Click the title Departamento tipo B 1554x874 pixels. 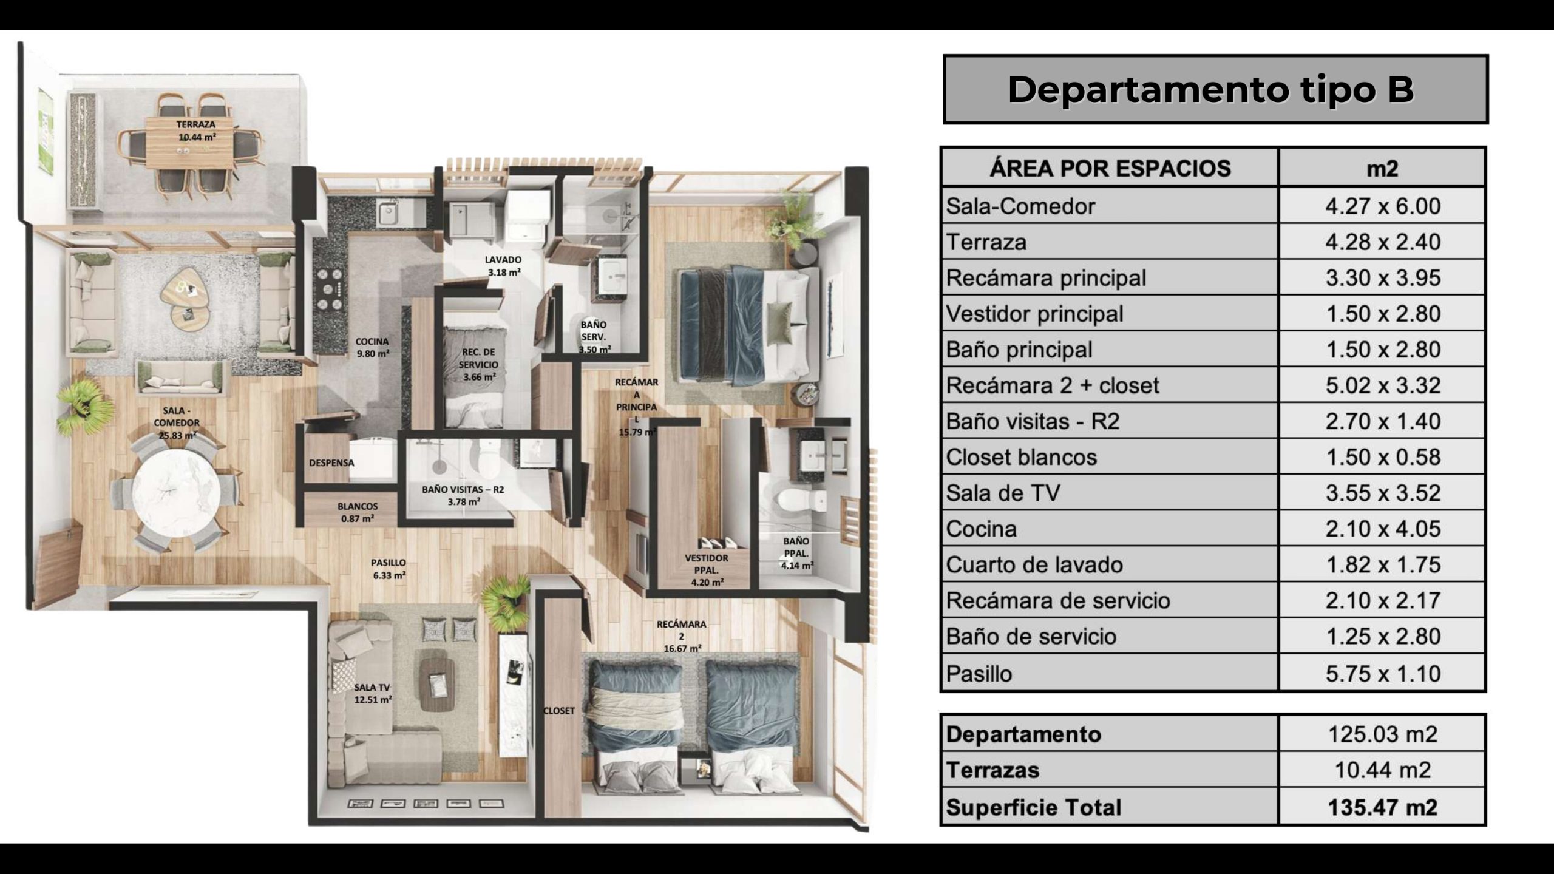click(x=1211, y=90)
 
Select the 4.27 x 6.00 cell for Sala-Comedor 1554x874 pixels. click(x=1382, y=206)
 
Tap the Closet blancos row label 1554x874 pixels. click(x=1022, y=457)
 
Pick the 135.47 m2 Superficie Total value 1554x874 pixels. click(x=1382, y=808)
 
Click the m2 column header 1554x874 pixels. click(x=1382, y=168)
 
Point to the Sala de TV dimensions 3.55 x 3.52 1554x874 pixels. click(x=1382, y=493)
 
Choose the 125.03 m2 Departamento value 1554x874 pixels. click(x=1382, y=734)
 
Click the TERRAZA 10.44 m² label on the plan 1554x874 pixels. click(x=197, y=130)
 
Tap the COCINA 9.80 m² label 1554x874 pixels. click(x=372, y=347)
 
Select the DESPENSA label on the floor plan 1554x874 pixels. click(x=331, y=462)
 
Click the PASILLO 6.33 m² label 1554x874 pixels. click(x=388, y=569)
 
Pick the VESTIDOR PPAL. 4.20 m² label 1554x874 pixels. click(x=707, y=570)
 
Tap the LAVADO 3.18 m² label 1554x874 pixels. click(x=503, y=266)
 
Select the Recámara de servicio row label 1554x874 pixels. click(x=1058, y=600)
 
